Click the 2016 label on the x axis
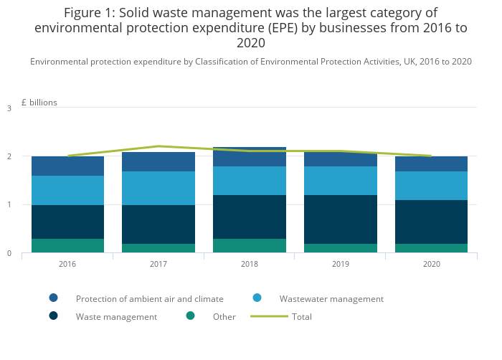pyautogui.click(x=67, y=265)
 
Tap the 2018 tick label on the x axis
pyautogui.click(x=250, y=265)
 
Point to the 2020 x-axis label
pyautogui.click(x=432, y=265)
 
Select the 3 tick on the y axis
pyautogui.click(x=9, y=108)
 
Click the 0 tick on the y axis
pyautogui.click(x=9, y=253)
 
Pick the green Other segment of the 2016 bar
pyautogui.click(x=67, y=245)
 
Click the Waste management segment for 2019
pyautogui.click(x=341, y=219)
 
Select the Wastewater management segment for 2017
pyautogui.click(x=158, y=188)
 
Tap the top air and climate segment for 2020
pyautogui.click(x=432, y=164)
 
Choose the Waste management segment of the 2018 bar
pyautogui.click(x=250, y=217)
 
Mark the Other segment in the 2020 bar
pyautogui.click(x=432, y=248)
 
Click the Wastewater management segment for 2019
pyautogui.click(x=341, y=181)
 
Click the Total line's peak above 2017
pyautogui.click(x=158, y=146)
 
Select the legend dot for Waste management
pyautogui.click(x=54, y=316)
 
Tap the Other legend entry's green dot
pyautogui.click(x=190, y=316)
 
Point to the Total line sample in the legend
pyautogui.click(x=269, y=316)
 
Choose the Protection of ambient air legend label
pyautogui.click(x=149, y=299)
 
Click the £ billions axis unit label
pyautogui.click(x=39, y=103)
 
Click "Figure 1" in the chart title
pyautogui.click(x=87, y=13)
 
